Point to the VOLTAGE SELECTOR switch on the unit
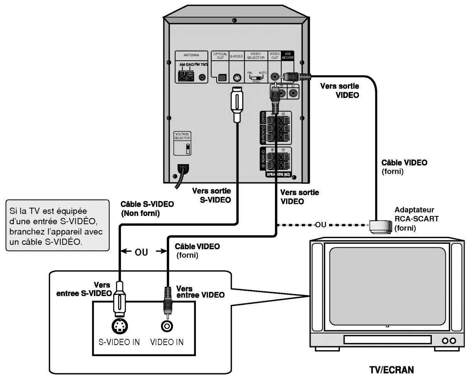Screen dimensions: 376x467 point(182,148)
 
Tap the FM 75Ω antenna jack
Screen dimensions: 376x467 point(202,77)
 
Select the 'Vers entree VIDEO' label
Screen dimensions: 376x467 point(199,291)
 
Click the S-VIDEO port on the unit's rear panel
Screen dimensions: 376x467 point(237,77)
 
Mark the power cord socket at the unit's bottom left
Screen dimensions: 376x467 point(183,168)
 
